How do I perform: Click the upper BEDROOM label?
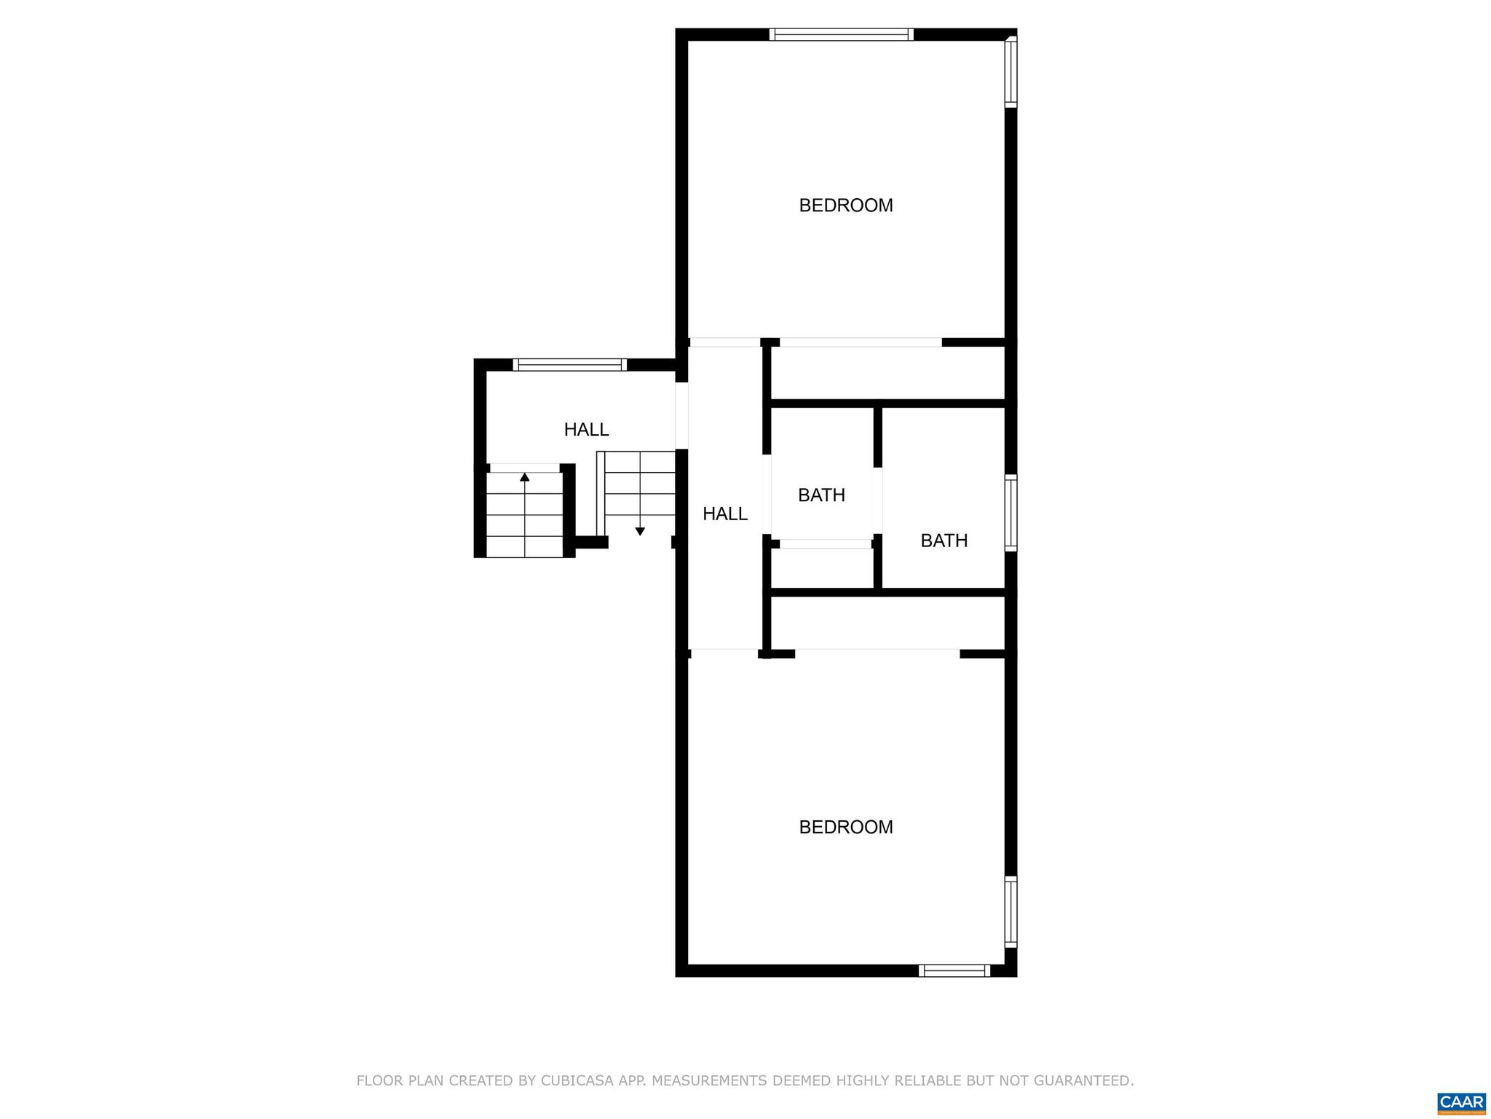point(845,205)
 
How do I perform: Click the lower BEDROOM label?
point(845,827)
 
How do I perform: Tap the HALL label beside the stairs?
point(586,430)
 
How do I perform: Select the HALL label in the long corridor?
point(724,514)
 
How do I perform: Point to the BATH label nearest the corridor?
point(821,495)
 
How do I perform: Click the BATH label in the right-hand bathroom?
point(944,541)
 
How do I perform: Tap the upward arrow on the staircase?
point(525,477)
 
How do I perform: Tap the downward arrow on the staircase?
point(640,531)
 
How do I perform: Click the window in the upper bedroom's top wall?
point(841,34)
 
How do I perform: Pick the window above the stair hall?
point(569,364)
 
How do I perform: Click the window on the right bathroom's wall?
point(1011,512)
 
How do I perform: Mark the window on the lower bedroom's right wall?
point(1011,911)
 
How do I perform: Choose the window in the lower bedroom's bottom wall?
point(954,970)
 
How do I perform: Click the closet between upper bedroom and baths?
point(887,373)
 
